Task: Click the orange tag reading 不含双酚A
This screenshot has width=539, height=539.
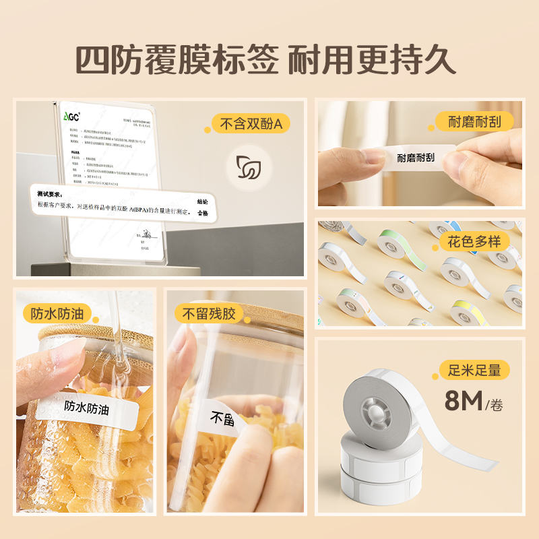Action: click(250, 123)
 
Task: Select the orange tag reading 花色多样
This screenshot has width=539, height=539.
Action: click(474, 242)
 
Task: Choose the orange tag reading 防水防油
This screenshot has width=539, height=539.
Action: click(57, 313)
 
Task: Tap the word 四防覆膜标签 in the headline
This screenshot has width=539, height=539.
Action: click(176, 61)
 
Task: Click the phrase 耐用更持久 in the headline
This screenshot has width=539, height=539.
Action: click(372, 61)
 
